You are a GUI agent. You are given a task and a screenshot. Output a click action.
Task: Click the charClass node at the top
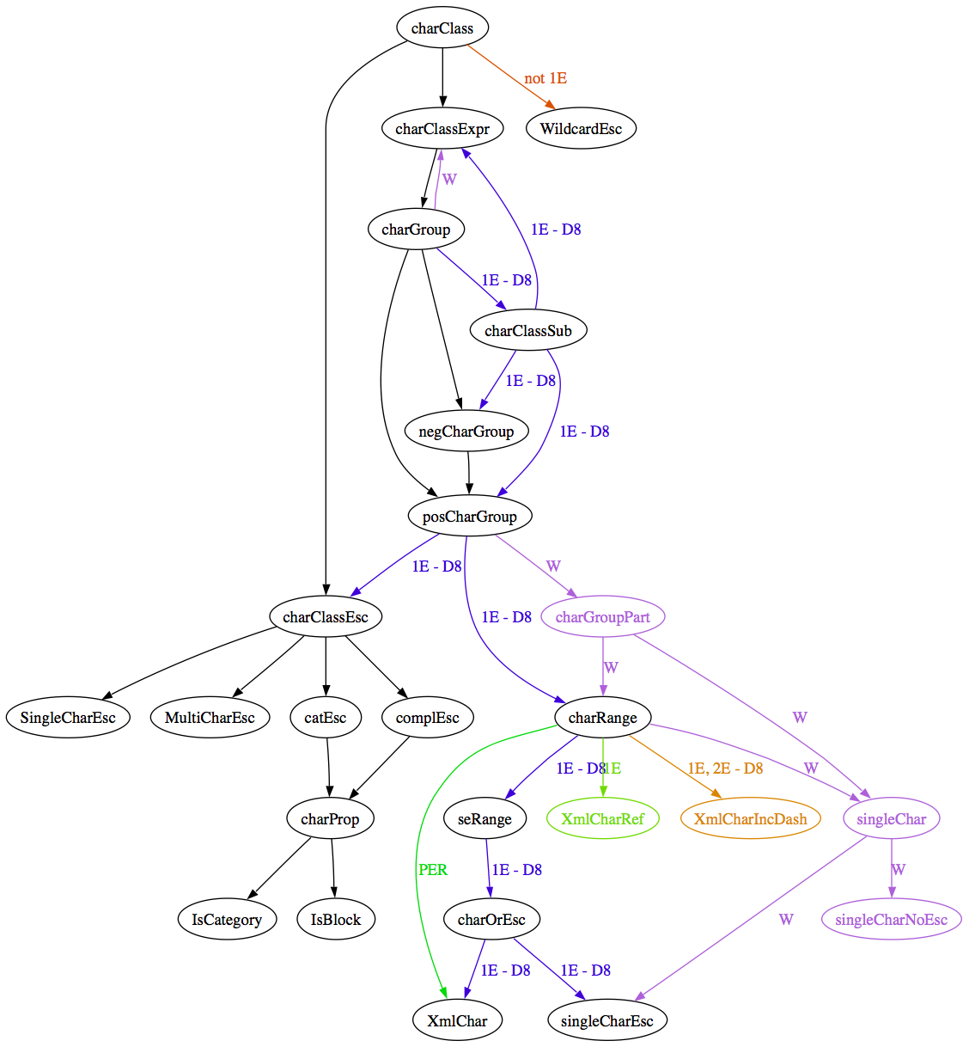tap(442, 28)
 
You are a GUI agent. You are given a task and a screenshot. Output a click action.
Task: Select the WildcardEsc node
tap(581, 129)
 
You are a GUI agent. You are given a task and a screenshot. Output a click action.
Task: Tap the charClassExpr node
tap(442, 129)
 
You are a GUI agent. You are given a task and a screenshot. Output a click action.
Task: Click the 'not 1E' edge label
tap(545, 78)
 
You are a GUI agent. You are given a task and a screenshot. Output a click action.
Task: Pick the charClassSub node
tap(528, 331)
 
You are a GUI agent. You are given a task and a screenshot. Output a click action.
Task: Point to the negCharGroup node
tap(466, 432)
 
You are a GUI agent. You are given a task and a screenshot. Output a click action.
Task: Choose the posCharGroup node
tap(470, 516)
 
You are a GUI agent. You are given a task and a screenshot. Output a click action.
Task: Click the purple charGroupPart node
tap(603, 617)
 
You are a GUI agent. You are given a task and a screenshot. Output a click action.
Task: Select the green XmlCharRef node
tap(603, 818)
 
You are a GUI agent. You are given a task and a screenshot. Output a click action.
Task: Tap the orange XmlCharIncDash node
tap(750, 818)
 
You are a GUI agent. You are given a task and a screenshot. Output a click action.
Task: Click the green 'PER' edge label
tap(433, 869)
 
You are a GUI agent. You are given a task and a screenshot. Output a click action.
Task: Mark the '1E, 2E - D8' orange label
tap(725, 768)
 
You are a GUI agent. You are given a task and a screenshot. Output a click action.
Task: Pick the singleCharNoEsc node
tap(892, 920)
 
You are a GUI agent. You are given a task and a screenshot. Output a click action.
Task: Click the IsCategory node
tap(227, 920)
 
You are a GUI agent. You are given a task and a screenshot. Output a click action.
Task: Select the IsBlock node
tap(336, 920)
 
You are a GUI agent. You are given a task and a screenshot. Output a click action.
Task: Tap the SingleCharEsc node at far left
tap(68, 718)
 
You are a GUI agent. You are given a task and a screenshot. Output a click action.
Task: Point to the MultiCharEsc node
tap(210, 718)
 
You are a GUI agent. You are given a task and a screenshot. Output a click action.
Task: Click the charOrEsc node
tap(491, 920)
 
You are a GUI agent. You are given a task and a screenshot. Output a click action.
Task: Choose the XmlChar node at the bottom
tap(457, 1020)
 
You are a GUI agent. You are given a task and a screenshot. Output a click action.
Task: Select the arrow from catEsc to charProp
tap(328, 768)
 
